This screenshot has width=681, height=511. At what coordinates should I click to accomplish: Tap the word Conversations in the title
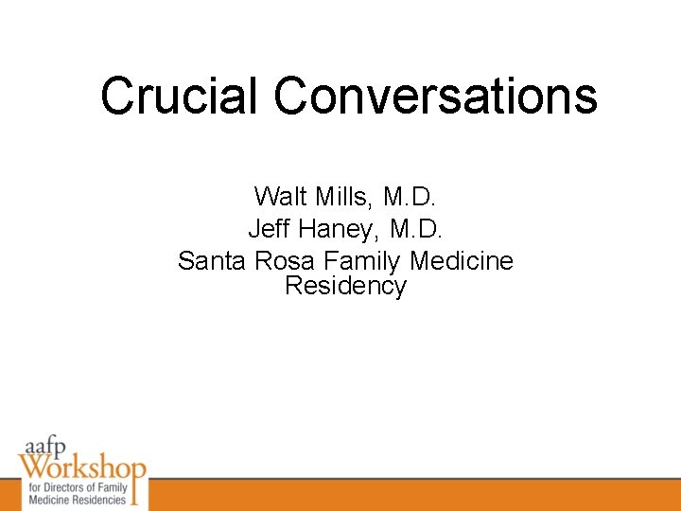436,96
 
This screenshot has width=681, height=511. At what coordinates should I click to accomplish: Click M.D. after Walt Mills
410,197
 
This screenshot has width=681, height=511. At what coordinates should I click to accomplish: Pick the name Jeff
268,228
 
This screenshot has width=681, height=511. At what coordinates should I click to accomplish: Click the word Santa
213,260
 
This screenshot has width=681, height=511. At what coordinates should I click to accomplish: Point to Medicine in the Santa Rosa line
462,260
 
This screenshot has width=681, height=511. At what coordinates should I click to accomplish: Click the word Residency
345,286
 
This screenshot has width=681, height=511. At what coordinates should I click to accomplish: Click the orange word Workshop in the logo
83,467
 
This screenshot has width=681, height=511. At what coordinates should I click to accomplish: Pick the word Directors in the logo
60,487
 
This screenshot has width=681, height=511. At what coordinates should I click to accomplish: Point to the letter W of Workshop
32,467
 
